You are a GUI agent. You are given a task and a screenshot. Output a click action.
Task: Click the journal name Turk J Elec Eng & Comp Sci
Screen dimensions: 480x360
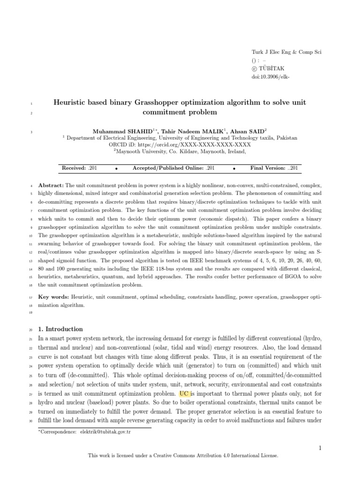287,52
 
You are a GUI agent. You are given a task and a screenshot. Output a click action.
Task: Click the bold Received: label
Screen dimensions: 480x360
74,168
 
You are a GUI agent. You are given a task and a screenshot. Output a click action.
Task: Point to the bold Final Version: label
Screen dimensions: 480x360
268,168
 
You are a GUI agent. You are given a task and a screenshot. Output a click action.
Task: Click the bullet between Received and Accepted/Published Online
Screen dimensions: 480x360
116,168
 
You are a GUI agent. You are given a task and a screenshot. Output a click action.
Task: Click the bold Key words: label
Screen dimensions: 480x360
53,297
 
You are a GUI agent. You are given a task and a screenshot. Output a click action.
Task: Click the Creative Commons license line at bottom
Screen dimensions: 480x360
180,455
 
